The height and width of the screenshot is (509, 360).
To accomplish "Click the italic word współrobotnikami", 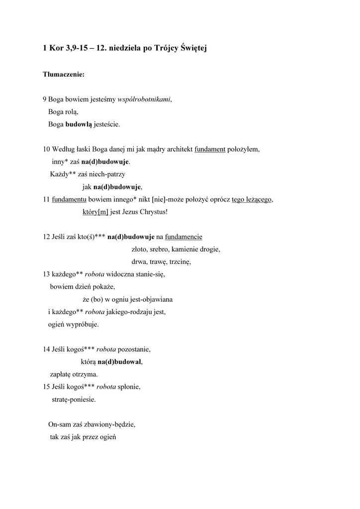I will tap(144, 99).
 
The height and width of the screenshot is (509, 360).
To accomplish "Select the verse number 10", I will tap(46, 149).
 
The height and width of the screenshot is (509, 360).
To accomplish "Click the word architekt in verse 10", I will tap(178, 149).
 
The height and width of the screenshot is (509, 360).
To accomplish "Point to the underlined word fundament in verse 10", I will tap(210, 149).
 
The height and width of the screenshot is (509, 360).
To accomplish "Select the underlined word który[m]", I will tap(95, 212).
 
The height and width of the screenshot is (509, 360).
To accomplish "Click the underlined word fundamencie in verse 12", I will tap(183, 237).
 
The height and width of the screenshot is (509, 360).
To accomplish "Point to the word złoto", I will tap(140, 249).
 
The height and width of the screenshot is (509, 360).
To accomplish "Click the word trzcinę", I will tap(180, 261).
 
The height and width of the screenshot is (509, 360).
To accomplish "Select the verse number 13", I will tap(46, 274).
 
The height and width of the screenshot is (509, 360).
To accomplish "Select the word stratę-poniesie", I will tap(74, 399).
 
